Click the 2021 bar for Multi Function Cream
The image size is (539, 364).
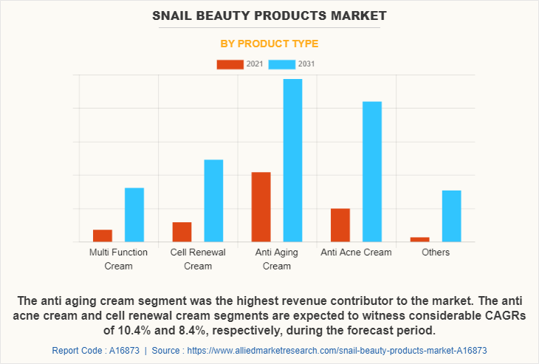[103, 236]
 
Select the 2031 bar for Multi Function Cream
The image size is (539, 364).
[134, 215]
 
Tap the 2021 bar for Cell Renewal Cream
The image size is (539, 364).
[182, 232]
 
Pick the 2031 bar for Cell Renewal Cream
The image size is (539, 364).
[213, 201]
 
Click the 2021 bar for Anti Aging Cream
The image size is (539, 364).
[261, 207]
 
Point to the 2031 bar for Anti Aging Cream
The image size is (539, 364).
[292, 160]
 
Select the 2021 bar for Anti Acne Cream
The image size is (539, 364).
[340, 225]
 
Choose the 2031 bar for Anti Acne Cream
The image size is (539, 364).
[372, 171]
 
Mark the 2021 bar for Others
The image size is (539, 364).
[420, 239]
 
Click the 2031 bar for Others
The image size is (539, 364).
[452, 216]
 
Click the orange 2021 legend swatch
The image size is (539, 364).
[230, 64]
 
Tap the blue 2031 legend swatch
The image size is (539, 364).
[281, 64]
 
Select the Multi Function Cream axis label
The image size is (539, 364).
[118, 259]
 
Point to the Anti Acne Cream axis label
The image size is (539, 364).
[356, 253]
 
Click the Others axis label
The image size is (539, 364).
[436, 253]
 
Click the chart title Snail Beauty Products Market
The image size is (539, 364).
[269, 16]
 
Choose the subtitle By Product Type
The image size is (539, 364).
[269, 44]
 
